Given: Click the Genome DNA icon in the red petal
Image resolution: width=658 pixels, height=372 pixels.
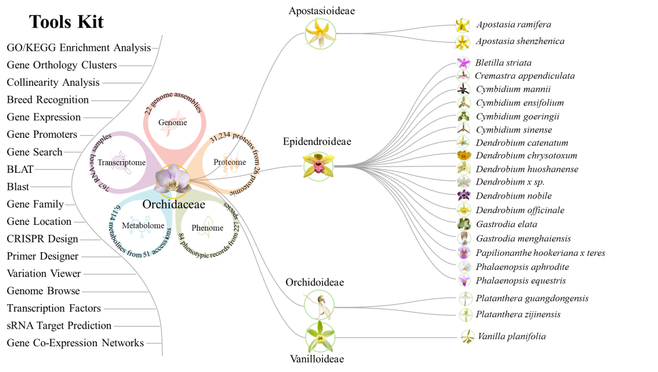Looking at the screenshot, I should pos(173,124).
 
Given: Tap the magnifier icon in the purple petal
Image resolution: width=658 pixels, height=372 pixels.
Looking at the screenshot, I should pos(120,162).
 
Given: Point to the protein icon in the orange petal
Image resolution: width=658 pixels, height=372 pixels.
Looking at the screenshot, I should pos(230,163).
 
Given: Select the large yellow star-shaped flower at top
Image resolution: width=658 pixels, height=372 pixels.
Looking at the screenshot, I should pos(320,34).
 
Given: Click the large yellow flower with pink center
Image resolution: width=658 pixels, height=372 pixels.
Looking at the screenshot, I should pos(318,165).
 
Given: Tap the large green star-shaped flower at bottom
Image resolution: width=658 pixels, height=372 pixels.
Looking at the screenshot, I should pos(320,338).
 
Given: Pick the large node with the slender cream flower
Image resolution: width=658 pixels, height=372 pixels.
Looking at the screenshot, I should pos(319,304).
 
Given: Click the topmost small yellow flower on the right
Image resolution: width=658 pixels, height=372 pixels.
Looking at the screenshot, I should pos(463,26).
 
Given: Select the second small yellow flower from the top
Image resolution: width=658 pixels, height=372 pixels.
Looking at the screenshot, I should pos(463,42).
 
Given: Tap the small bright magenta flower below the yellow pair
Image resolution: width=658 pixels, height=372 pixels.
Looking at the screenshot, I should pos(464,63).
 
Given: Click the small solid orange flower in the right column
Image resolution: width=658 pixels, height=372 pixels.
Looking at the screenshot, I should pos(464,155).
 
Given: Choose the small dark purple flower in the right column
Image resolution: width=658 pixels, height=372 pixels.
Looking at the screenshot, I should pos(464,195).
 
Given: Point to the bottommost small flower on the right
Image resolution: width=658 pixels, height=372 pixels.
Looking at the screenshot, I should pos(467,336).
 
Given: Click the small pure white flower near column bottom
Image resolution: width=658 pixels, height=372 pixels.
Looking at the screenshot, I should pos(464,266).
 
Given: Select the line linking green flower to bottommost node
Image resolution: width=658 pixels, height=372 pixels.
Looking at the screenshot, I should pos(397,338).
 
